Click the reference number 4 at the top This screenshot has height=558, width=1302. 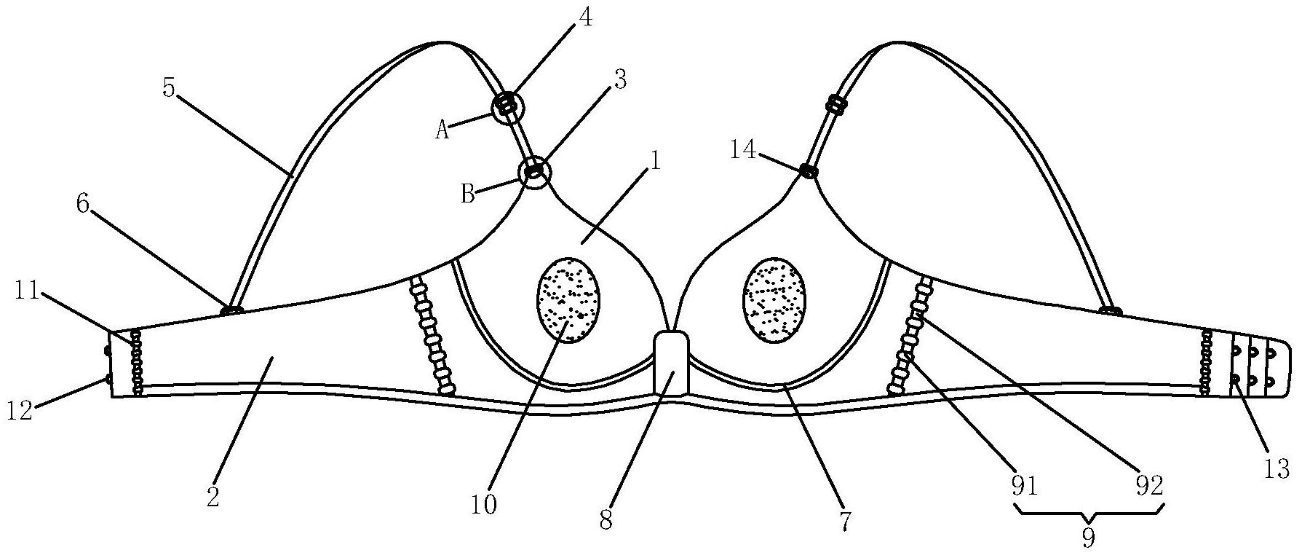pos(585,17)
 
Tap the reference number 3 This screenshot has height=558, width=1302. pos(619,79)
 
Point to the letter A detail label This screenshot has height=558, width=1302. pos(443,130)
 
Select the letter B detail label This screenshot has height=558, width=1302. pos(469,194)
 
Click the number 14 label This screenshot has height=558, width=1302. pos(744,151)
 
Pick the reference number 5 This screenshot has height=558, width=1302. pos(169,89)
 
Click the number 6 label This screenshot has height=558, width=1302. pos(84,205)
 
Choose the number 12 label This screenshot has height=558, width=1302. pos(20,412)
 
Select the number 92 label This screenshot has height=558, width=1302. pos(1151,486)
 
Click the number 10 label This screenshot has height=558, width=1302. pos(483,504)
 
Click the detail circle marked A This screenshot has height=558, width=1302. pos(507,107)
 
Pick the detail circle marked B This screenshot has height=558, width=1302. pos(535,173)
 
